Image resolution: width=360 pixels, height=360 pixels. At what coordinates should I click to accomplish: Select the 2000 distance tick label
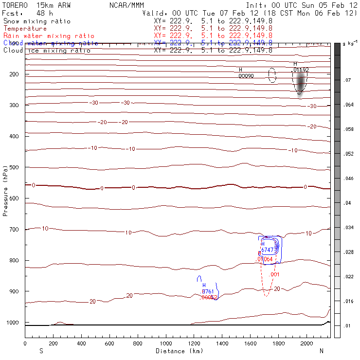tap(307, 343)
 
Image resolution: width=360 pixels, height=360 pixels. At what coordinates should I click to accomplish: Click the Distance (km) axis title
tap(178, 351)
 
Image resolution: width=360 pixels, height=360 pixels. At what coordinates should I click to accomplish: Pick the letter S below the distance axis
tap(41, 351)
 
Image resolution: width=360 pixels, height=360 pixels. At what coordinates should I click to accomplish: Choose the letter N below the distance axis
tap(321, 351)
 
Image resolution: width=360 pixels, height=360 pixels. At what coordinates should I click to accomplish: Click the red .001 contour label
tap(275, 275)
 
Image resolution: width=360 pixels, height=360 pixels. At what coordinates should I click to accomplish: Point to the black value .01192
tap(300, 70)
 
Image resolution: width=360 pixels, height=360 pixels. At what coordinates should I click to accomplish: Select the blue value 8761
tap(208, 291)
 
